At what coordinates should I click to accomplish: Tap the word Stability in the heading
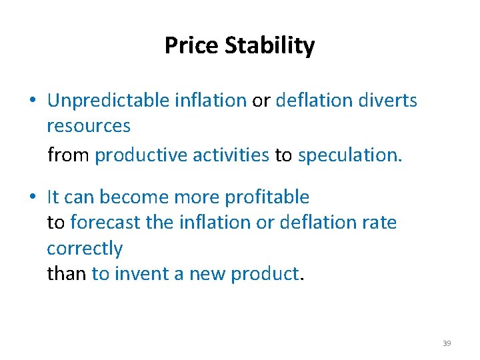pos(270,46)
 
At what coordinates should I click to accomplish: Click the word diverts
pos(388,101)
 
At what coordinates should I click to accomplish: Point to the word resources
pos(89,125)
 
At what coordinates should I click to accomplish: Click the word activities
pos(230,155)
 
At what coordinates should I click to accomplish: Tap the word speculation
pos(349,155)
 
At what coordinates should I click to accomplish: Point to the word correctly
pos(85,249)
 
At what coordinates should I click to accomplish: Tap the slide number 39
pos(447,343)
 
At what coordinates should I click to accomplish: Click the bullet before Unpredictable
pos(32,101)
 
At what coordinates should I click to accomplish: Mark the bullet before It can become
pos(32,198)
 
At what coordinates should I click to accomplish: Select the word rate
pos(381,222)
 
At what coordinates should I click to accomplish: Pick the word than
pos(66,273)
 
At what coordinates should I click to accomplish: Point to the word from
pos(69,155)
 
